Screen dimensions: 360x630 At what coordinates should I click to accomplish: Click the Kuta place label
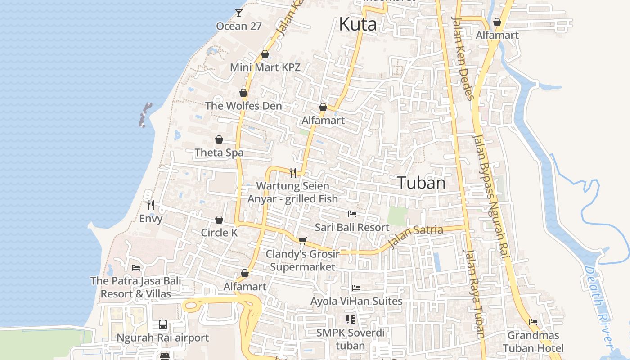[358, 24]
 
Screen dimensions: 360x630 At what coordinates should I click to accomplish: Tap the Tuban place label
[421, 183]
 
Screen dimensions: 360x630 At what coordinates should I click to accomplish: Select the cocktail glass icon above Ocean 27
[238, 13]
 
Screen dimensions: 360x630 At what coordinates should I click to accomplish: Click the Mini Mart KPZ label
[265, 67]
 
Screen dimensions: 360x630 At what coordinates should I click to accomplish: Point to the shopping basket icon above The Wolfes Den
[243, 93]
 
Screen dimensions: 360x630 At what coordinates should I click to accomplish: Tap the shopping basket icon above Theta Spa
[219, 139]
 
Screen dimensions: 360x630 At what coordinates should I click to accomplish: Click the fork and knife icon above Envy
[151, 205]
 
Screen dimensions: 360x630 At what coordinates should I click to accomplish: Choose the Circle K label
[219, 233]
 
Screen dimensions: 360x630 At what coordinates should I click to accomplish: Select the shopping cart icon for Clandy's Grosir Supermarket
[302, 241]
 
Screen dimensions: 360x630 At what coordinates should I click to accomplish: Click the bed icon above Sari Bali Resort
[352, 214]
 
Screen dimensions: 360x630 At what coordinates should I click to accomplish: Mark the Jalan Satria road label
[415, 236]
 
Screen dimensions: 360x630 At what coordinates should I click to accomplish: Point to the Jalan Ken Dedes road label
[463, 58]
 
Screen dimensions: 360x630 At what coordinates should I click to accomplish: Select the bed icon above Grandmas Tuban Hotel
[533, 322]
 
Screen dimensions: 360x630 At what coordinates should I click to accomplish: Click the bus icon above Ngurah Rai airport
[163, 324]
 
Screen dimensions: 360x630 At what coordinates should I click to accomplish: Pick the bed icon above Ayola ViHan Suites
[356, 288]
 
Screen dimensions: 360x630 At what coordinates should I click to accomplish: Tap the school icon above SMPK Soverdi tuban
[351, 319]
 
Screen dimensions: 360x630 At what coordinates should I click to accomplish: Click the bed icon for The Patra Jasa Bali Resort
[136, 268]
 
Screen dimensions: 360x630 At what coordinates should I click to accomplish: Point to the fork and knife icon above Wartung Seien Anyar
[293, 172]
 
